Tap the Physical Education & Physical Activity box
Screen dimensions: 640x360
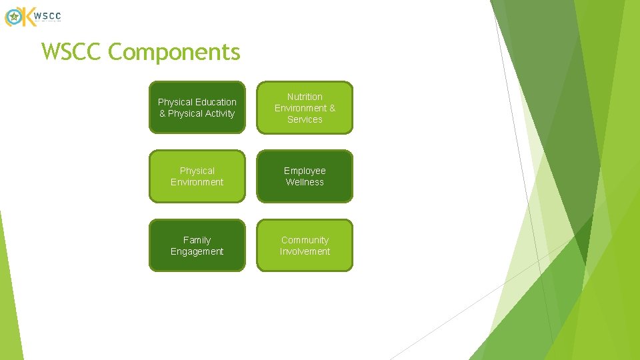coord(197,107)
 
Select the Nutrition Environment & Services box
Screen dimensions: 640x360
coord(305,107)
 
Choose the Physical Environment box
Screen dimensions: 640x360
coord(197,176)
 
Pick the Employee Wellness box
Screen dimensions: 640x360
coord(305,176)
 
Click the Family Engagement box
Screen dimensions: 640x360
coord(197,245)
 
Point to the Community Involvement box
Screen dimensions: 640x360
coord(305,245)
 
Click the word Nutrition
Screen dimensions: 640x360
coord(305,97)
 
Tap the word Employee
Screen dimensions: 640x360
coord(305,171)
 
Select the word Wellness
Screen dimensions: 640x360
coord(305,182)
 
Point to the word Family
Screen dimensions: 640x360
coord(197,240)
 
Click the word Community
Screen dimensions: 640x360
coord(305,240)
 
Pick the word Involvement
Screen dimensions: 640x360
coord(305,251)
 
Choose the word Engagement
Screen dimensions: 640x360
coord(197,251)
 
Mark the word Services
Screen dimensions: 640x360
coord(305,119)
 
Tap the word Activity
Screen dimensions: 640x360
coord(220,113)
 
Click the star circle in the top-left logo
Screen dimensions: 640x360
coord(13,17)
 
